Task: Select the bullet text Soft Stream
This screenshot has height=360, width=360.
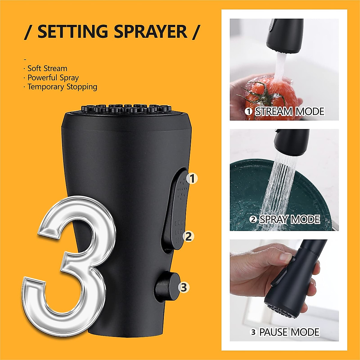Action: [x=47, y=68]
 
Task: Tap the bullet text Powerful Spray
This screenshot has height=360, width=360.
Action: [x=53, y=78]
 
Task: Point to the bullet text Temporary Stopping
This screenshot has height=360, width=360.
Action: [x=62, y=87]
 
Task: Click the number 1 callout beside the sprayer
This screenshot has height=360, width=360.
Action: [x=192, y=179]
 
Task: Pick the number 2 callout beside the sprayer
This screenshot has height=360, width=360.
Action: [x=188, y=236]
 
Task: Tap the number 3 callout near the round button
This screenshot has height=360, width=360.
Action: [x=184, y=287]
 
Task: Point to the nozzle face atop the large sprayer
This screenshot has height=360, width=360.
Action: [x=126, y=109]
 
